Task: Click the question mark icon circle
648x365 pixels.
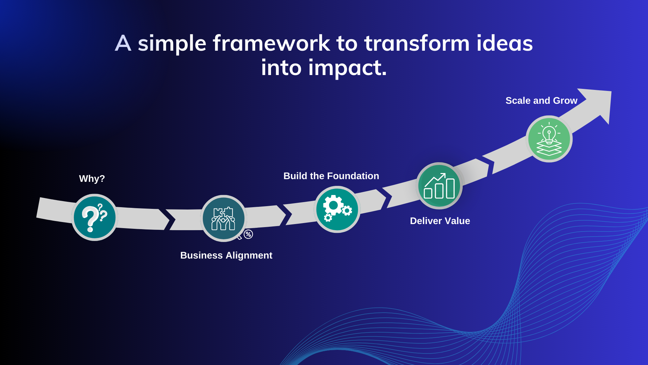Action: click(95, 217)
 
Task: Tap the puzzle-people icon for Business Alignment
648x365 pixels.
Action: click(223, 218)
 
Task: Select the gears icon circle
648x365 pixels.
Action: click(337, 209)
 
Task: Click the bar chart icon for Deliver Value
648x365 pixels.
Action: click(439, 186)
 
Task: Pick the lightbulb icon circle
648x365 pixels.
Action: click(549, 139)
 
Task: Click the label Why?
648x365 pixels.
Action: click(92, 178)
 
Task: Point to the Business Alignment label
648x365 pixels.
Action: click(226, 255)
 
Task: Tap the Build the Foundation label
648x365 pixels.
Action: click(331, 176)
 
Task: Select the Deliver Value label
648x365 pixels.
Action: click(440, 221)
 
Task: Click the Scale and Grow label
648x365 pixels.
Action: click(541, 100)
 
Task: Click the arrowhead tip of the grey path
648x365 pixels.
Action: click(611, 91)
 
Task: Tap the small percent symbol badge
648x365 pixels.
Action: click(248, 234)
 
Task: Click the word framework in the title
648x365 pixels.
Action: click(271, 43)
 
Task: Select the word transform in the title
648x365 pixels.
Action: click(417, 43)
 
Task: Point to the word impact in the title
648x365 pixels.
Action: click(347, 68)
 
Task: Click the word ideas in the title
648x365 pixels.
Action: click(505, 43)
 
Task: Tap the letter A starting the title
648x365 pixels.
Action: click(123, 43)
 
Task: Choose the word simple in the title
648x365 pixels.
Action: click(172, 44)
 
